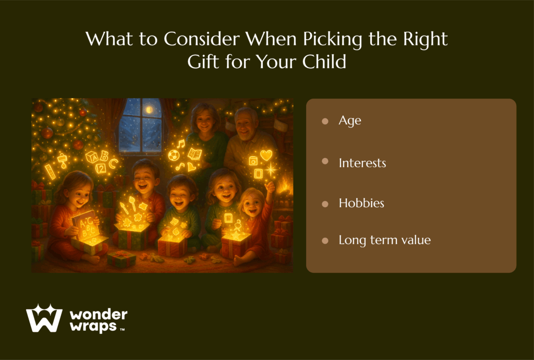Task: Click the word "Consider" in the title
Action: [202, 39]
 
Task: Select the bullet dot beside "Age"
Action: [325, 121]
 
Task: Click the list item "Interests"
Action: [362, 163]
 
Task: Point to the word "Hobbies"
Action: [361, 203]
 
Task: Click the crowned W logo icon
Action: [44, 318]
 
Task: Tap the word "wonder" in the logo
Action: [99, 315]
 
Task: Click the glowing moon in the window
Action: [149, 110]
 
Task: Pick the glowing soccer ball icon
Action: [174, 155]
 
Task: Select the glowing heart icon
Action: [266, 155]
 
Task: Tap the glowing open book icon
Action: [195, 154]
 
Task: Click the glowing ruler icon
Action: [50, 172]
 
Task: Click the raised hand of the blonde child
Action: [270, 187]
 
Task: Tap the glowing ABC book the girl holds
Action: [84, 225]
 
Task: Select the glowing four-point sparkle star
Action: [271, 169]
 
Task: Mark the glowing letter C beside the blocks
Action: [113, 163]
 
